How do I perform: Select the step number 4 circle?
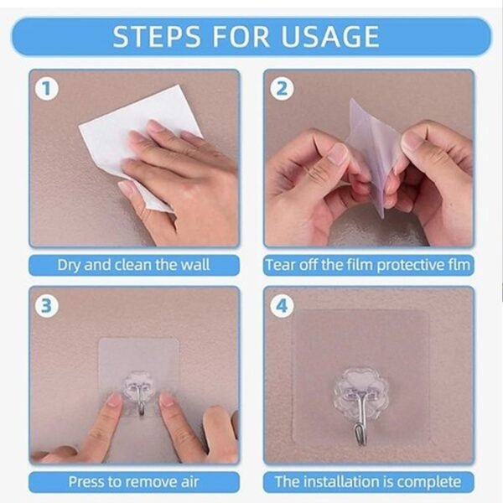[x=282, y=306]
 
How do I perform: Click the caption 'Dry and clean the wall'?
[x=133, y=265]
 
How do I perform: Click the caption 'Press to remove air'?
[x=133, y=482]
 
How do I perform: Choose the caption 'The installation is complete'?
[x=368, y=482]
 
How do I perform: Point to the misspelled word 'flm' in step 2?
[x=458, y=265]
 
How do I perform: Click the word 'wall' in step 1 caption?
[x=194, y=265]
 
